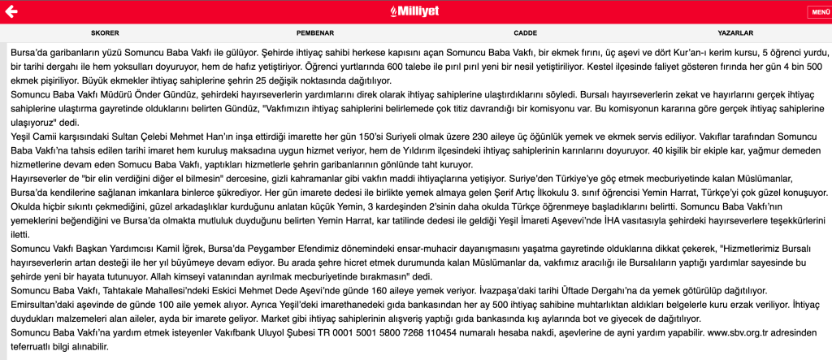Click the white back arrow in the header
click(x=11, y=11)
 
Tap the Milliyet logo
click(x=415, y=11)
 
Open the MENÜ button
click(x=818, y=12)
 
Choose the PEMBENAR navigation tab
click(x=315, y=33)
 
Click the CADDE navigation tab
click(x=526, y=33)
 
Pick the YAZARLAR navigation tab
click(x=735, y=33)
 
